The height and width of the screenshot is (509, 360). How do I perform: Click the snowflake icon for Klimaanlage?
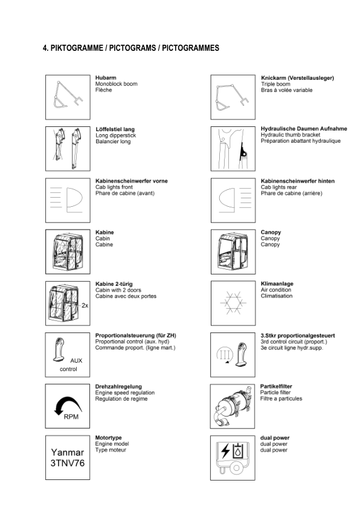tap(232, 302)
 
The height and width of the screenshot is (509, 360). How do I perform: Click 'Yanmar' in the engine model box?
tap(67, 452)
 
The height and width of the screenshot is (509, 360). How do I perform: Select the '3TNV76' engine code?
tap(67, 464)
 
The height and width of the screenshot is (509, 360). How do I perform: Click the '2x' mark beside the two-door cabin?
tap(85, 306)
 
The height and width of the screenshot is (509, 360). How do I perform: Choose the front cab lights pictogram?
tap(68, 199)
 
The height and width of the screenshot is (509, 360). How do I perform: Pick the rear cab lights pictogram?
tap(232, 199)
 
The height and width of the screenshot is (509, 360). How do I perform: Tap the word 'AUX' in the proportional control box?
tap(76, 360)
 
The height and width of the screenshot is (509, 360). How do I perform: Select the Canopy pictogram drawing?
tap(232, 250)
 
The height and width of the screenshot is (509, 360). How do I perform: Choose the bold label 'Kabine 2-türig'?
tap(114, 284)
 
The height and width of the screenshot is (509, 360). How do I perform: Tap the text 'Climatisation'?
tap(277, 296)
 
